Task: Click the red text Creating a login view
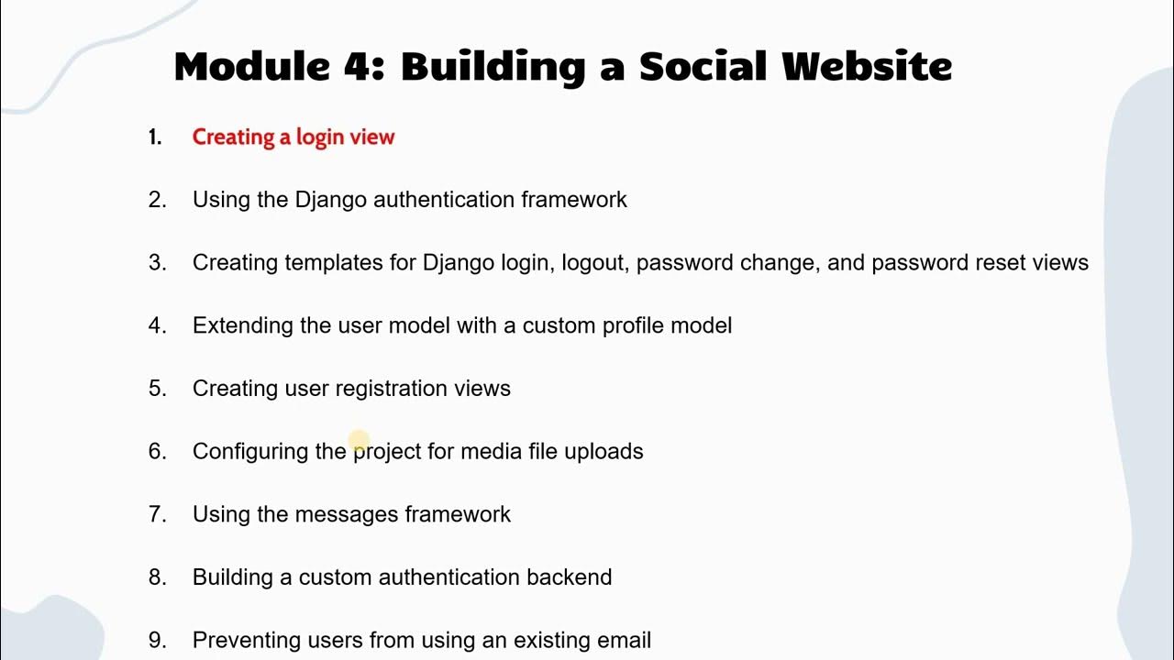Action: coord(293,137)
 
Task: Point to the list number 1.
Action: coord(155,137)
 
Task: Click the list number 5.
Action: coord(157,389)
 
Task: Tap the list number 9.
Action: coord(157,640)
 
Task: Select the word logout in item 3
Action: coord(594,263)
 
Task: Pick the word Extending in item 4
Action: coord(243,325)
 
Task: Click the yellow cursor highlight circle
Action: coord(359,441)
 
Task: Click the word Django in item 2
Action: coord(331,200)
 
